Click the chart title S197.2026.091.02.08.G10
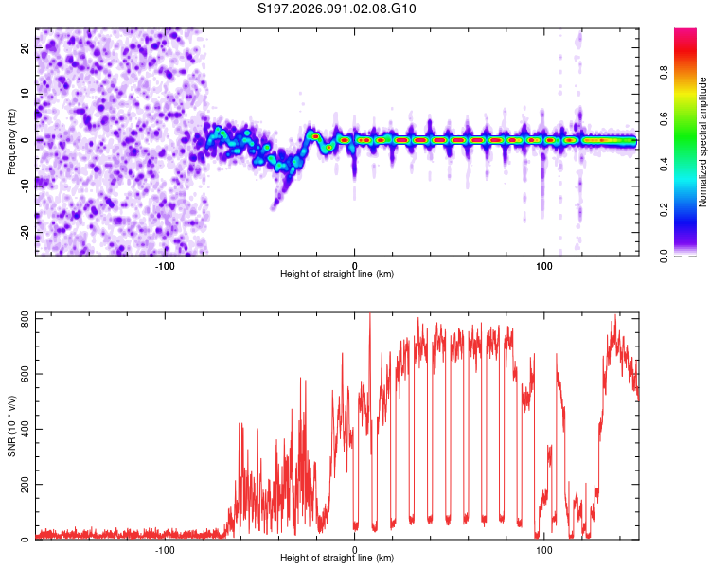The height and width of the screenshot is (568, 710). [338, 9]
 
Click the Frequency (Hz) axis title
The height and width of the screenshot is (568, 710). [11, 142]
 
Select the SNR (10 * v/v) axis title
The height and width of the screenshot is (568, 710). [11, 426]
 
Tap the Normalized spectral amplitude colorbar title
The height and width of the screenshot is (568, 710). [703, 142]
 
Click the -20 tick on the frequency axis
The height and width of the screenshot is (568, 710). [26, 232]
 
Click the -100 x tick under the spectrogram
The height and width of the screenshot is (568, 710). [165, 264]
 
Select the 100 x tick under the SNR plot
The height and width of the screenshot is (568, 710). [544, 548]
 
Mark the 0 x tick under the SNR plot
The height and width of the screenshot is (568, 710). [355, 548]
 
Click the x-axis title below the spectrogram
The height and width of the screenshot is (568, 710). [337, 274]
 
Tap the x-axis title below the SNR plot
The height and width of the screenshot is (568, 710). [337, 558]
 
